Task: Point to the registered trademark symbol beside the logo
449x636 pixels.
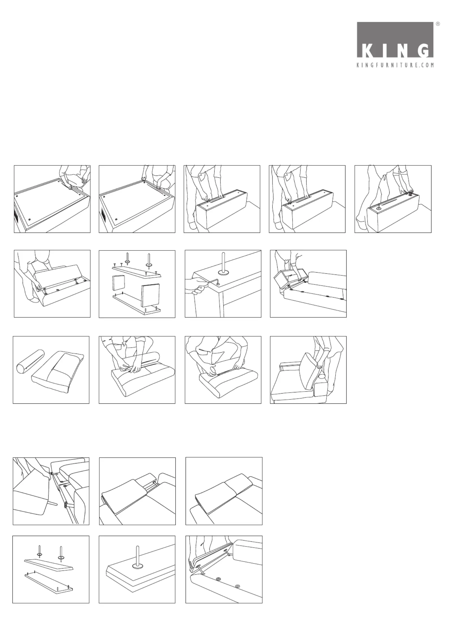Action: (x=438, y=24)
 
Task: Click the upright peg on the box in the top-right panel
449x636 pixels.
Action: (x=379, y=207)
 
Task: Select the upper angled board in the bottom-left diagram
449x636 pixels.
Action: (x=49, y=564)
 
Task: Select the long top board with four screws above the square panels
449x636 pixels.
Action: (x=137, y=271)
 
